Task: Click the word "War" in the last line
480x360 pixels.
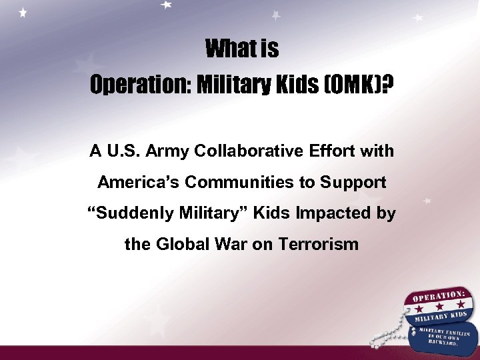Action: (231, 244)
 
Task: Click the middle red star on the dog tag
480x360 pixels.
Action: (439, 306)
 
